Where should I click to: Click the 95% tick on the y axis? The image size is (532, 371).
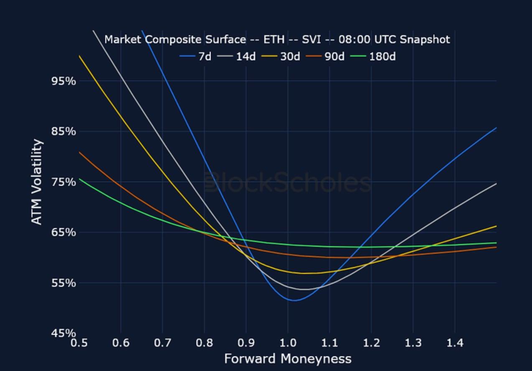(x=64, y=81)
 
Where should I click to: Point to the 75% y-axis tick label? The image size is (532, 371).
(x=64, y=182)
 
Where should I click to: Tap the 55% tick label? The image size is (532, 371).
(x=64, y=283)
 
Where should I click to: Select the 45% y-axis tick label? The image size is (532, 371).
(x=64, y=333)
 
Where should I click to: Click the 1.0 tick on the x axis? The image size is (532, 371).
(x=288, y=343)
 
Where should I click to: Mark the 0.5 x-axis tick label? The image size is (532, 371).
(x=79, y=343)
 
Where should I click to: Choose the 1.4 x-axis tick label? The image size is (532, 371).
(x=455, y=343)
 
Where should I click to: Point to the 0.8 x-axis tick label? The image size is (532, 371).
(x=204, y=343)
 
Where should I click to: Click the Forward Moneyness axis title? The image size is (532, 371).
(x=288, y=358)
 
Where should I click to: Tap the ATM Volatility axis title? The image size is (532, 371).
(x=37, y=182)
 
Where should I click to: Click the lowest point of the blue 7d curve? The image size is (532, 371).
(x=294, y=300)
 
